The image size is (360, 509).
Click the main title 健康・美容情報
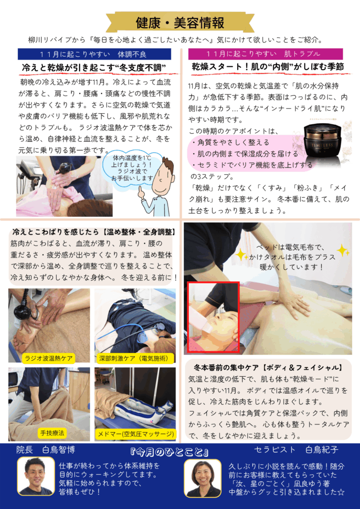tap(180, 23)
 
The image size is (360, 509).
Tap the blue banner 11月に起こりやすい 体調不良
tap(94, 54)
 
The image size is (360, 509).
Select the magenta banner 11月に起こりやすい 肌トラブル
tap(266, 54)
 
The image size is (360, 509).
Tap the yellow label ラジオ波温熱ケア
tap(49, 358)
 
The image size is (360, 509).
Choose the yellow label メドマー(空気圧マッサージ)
tap(136, 434)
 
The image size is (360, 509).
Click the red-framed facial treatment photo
tap(214, 317)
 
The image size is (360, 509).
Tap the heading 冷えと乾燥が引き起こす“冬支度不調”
tap(94, 68)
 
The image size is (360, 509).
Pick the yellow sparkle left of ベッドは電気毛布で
tap(241, 255)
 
